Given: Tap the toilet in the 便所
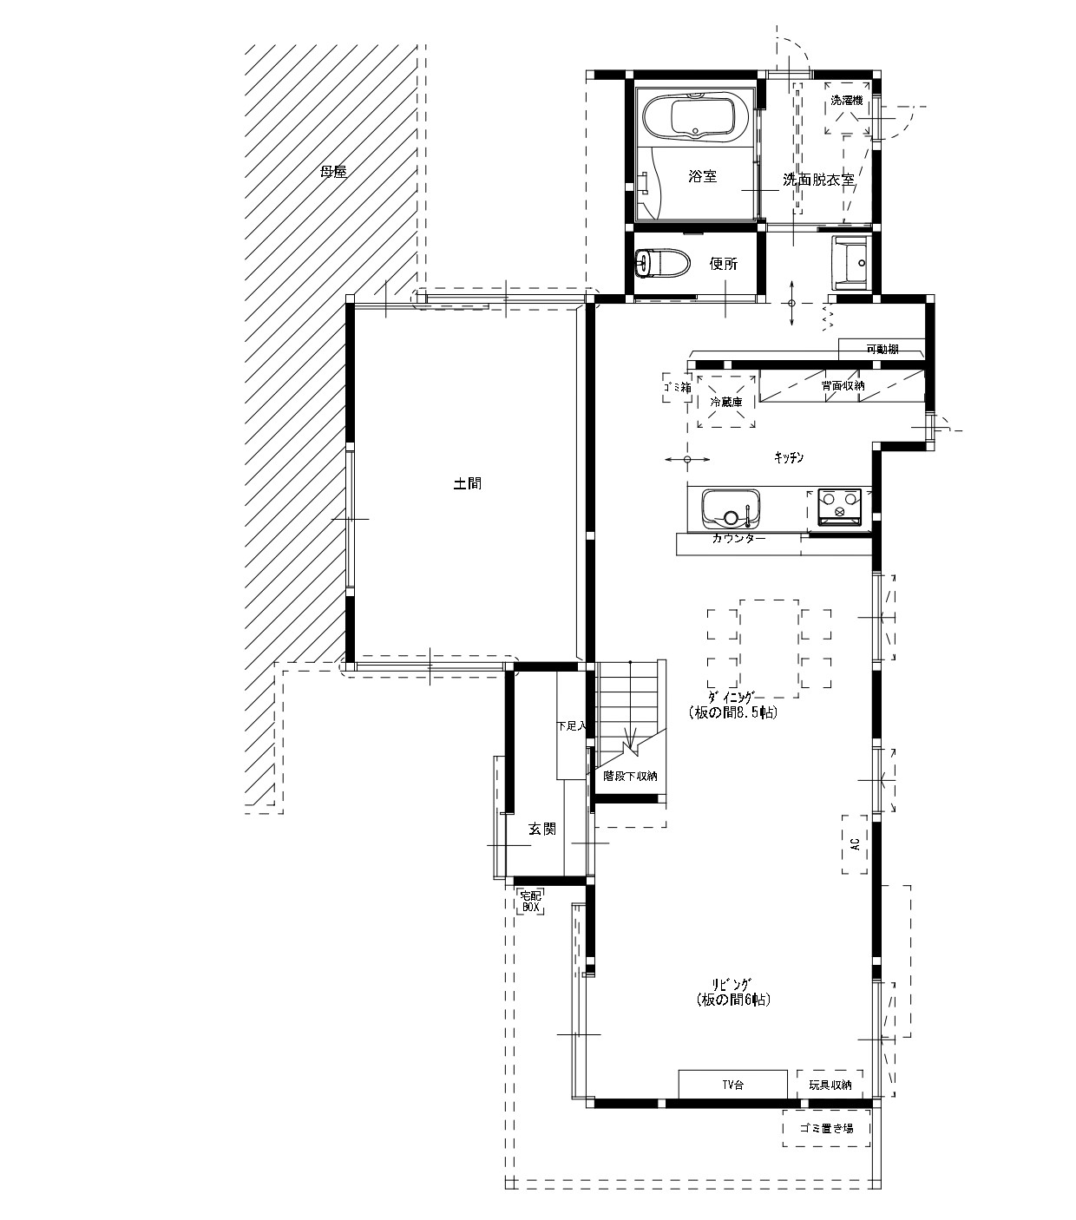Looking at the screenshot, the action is [661, 264].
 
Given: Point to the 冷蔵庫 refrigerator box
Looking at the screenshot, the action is [726, 402].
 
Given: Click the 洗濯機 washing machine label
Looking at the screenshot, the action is [847, 101].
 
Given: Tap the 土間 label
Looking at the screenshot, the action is [467, 483].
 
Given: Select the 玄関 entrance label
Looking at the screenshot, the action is [542, 830].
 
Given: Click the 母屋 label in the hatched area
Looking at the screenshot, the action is [333, 172].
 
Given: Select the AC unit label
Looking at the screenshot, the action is [855, 845].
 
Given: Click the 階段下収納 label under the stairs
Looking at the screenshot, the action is [631, 777].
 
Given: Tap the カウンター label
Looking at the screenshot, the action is [738, 539].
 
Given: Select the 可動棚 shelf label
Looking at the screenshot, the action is [882, 350].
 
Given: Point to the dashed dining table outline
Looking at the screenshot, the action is [769, 648].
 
